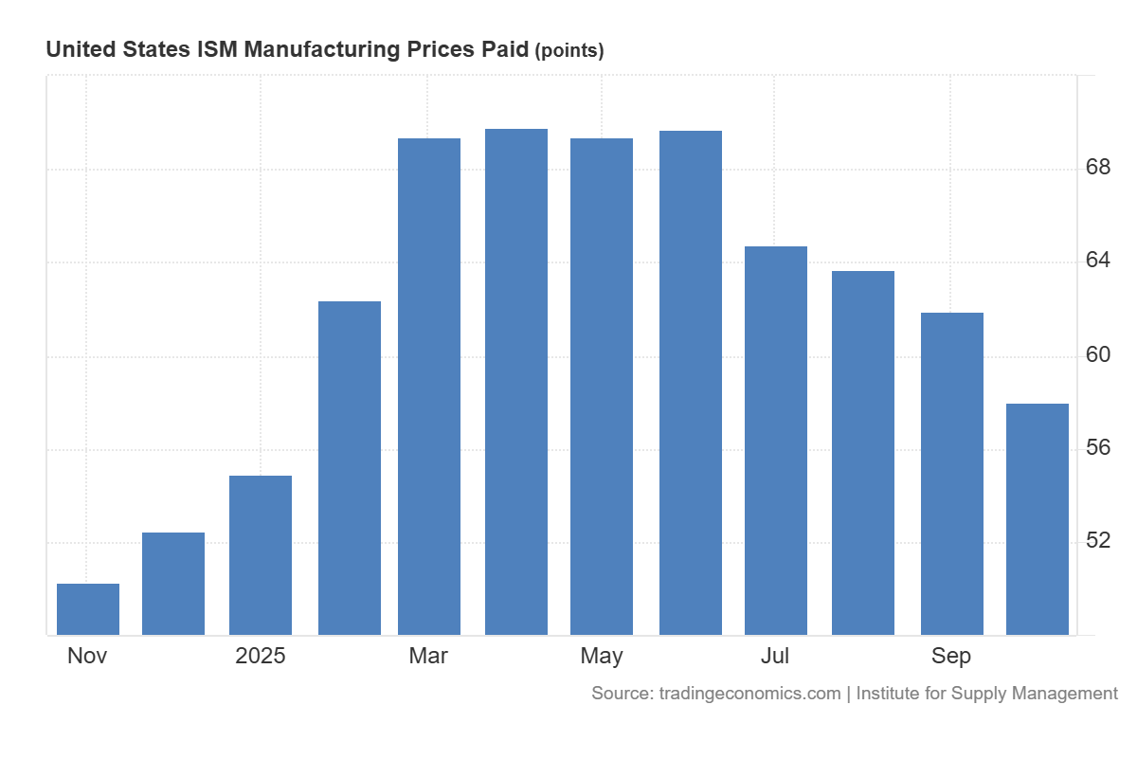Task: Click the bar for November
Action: coord(88,609)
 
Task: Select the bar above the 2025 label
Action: coord(261,555)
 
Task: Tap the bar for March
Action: coord(429,387)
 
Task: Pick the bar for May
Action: coord(602,387)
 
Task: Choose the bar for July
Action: coord(776,441)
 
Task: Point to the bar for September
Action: coord(952,474)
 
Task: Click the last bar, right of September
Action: coord(1038,519)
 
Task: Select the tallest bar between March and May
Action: coord(516,382)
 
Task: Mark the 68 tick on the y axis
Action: coord(1098,169)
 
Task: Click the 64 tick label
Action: coord(1098,262)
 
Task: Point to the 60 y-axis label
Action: coord(1098,355)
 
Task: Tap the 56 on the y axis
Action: coord(1098,448)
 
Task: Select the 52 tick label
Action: coord(1098,541)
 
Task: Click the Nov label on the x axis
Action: coord(87,656)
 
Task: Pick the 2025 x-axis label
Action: coord(261,656)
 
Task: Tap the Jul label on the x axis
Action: coord(775,656)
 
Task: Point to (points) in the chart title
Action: coord(569,51)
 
